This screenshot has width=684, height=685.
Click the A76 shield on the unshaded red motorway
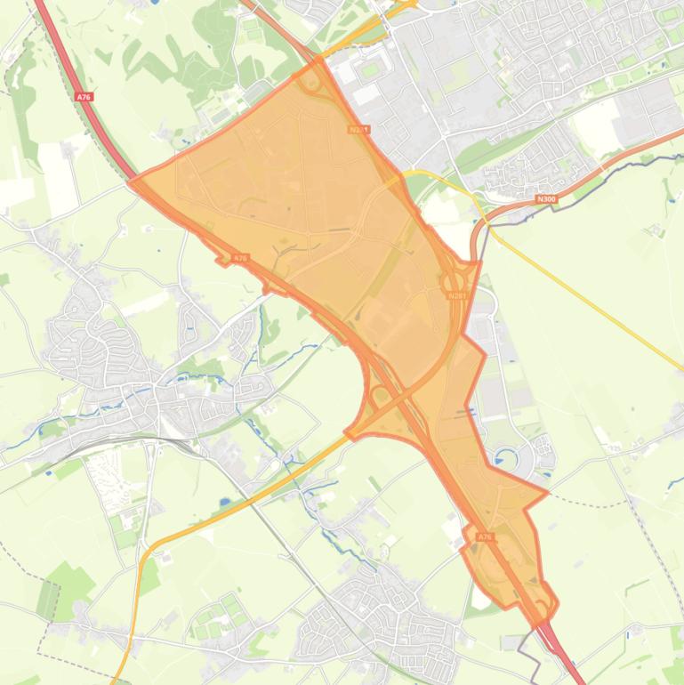pos(84,96)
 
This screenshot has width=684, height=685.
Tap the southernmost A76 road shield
pos(485,537)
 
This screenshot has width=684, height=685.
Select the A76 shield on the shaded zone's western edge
pos(239,258)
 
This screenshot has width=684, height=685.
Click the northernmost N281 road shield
pos(358,130)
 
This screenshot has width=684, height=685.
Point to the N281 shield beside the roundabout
pos(457,296)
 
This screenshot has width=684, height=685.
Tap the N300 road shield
pos(546,199)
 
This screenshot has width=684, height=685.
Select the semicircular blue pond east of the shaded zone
pos(508,459)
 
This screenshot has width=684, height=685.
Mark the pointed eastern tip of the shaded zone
pos(547,490)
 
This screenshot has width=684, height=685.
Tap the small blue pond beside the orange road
pos(223,502)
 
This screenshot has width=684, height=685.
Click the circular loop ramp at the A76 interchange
pos(381,397)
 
